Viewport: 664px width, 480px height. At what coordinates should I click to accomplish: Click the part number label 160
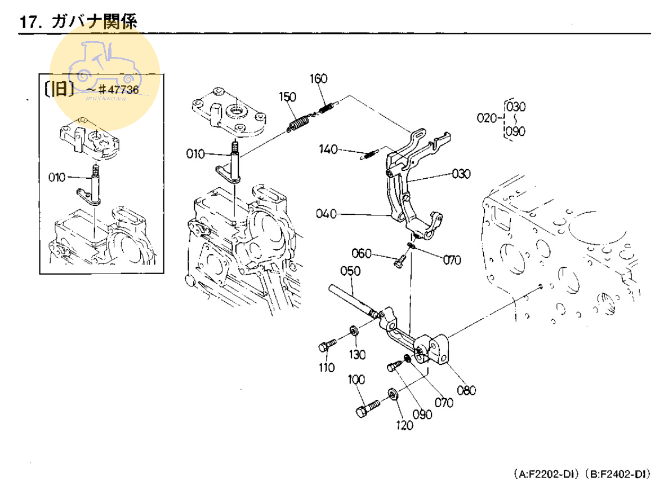318,78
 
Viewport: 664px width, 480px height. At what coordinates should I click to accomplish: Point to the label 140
328,149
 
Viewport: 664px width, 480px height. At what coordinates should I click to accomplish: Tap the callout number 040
326,214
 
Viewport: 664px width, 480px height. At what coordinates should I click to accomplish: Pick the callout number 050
350,272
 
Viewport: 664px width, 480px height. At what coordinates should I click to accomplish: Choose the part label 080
467,390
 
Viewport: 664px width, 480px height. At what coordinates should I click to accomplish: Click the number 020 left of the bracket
487,118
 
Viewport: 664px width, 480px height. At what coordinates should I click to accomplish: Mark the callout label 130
356,355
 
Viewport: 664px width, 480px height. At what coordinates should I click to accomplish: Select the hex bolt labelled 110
327,344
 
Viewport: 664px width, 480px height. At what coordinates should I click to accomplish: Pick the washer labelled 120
391,394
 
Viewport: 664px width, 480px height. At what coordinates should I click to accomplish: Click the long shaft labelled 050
349,298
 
